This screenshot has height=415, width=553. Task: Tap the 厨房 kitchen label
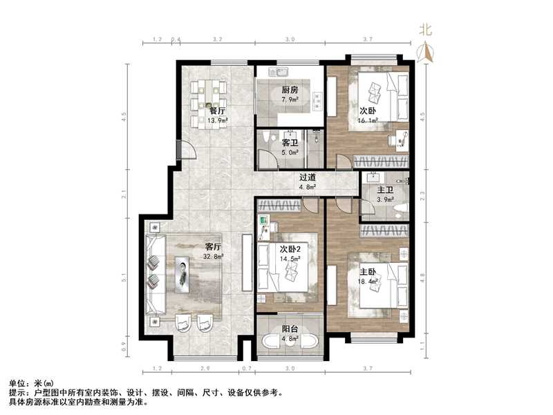[289, 90]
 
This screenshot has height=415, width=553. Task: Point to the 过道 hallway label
[308, 177]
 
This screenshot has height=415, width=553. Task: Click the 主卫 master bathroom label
[385, 191]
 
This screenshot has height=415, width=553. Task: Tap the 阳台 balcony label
[290, 330]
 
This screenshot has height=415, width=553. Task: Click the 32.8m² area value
[213, 257]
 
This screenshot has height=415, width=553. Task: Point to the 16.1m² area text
[368, 120]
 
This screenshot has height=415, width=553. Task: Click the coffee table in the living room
[183, 271]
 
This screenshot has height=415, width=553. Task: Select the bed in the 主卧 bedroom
[377, 288]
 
